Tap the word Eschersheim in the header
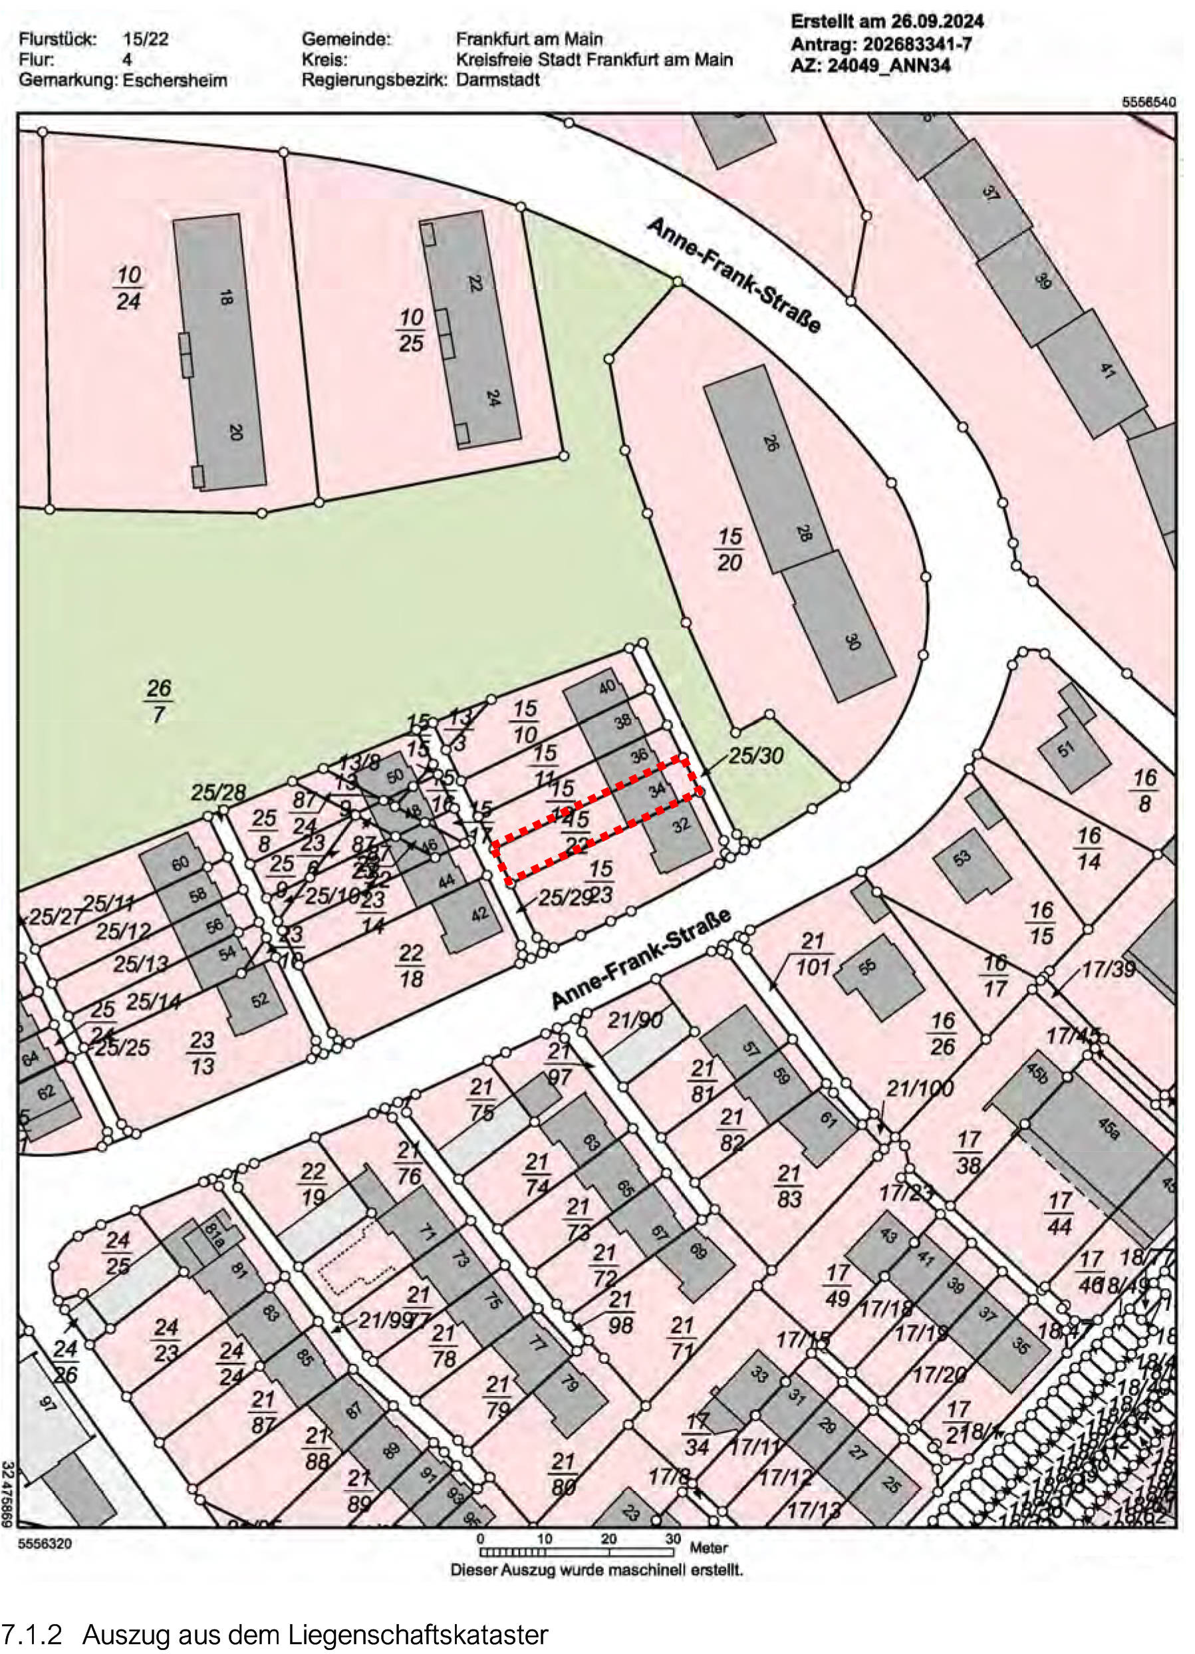point(175,80)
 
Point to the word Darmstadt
point(498,80)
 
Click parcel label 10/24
point(128,288)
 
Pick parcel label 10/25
point(412,331)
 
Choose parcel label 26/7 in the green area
point(158,702)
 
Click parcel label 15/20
point(729,550)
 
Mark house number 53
point(962,858)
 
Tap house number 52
point(260,1000)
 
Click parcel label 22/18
point(412,966)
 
